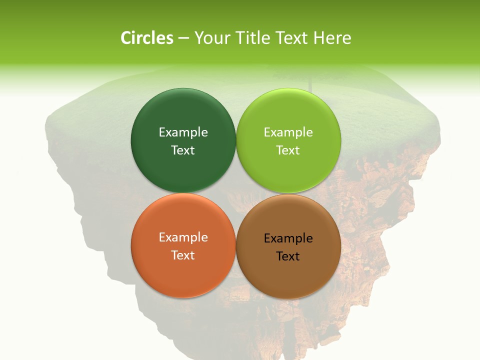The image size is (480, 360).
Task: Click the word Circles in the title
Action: (146, 38)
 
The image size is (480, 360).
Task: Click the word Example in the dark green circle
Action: (183, 132)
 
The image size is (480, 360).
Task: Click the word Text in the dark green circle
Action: (183, 150)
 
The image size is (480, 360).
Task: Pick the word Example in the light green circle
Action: (288, 132)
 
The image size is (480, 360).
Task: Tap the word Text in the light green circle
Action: (288, 150)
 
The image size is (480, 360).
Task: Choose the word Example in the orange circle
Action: (183, 237)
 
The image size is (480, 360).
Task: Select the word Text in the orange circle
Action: (183, 255)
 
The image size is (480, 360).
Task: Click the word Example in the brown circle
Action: (288, 238)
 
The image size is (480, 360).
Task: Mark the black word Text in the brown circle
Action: (288, 256)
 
